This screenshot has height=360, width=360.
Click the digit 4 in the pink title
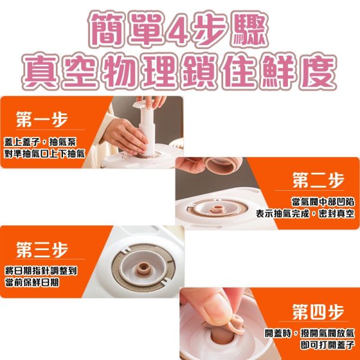click(177, 29)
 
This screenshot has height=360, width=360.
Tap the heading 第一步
click(42, 119)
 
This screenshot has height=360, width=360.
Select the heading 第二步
click(318, 180)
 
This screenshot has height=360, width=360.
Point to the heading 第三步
click(42, 250)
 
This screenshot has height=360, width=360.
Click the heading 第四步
click(318, 311)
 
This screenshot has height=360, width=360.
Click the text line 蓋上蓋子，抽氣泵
click(40, 142)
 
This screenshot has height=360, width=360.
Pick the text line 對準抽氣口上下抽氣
click(44, 154)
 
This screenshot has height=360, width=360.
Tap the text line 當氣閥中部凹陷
click(323, 202)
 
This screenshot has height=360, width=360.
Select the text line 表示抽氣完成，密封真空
click(305, 214)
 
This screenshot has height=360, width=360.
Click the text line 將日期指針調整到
click(41, 271)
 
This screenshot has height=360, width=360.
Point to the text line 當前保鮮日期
click(32, 283)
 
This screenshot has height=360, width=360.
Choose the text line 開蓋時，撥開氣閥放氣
click(310, 333)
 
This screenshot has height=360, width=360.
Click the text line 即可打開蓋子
click(328, 345)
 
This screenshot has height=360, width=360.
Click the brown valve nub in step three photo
click(143, 268)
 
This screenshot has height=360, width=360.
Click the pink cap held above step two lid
click(223, 166)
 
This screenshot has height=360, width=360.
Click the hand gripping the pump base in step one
click(125, 136)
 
